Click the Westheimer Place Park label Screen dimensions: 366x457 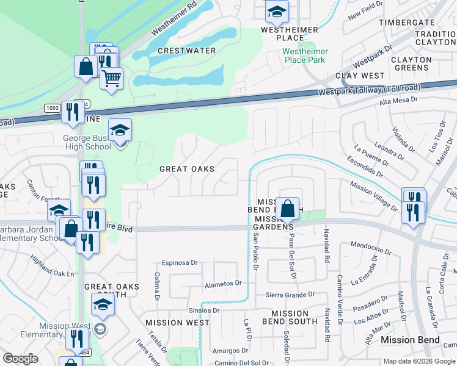[x=306, y=55]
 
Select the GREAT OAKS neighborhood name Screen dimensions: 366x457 [x=186, y=169]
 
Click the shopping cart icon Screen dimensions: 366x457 [x=111, y=78]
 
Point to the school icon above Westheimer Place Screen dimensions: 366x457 [x=276, y=12]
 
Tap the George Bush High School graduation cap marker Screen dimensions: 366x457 [x=120, y=130]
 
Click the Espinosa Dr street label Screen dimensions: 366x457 [x=180, y=263]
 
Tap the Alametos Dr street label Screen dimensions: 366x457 [x=224, y=284]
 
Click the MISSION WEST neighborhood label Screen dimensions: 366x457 [x=177, y=322]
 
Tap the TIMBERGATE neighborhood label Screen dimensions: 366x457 [x=406, y=22]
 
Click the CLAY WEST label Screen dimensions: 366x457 [x=360, y=76]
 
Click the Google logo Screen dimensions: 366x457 [x=20, y=359]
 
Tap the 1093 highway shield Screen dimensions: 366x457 [x=52, y=108]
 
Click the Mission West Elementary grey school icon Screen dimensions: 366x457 [x=100, y=330]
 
